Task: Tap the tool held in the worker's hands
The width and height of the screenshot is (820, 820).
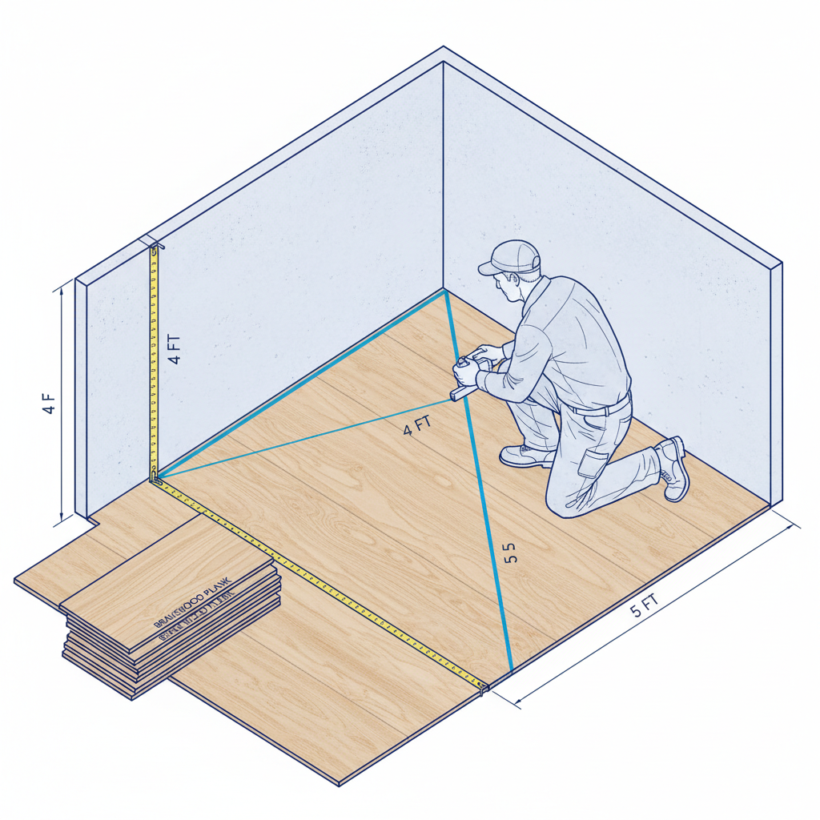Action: [x=464, y=376]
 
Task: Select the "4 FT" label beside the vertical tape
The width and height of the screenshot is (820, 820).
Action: [x=175, y=349]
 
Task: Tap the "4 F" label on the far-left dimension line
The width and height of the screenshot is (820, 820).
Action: [x=49, y=404]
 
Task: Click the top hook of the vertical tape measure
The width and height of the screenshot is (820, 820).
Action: [x=153, y=247]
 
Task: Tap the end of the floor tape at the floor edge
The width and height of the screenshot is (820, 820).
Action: [x=483, y=686]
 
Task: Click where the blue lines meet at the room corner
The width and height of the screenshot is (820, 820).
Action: [x=444, y=292]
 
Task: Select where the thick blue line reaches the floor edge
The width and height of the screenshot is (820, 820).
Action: [x=511, y=669]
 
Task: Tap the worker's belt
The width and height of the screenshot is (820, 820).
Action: [x=601, y=408]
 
